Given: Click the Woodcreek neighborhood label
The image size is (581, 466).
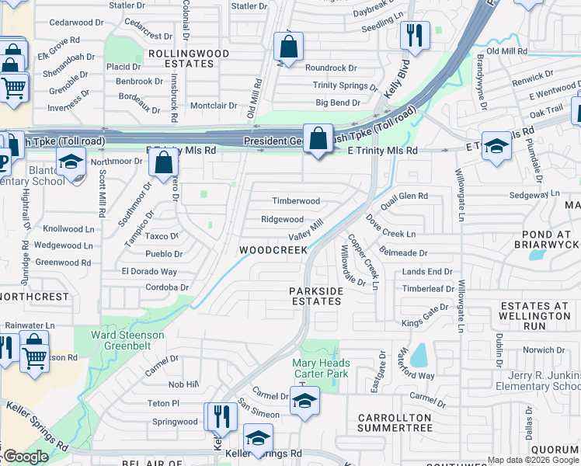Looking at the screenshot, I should coord(273,250).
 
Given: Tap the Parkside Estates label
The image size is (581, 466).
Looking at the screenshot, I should coord(316,296).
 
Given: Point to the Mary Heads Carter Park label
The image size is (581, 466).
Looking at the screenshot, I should coord(321,368).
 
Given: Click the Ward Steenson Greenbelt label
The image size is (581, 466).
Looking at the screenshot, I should coord(128,341).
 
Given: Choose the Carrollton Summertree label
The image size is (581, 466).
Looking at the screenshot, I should coord(395,423).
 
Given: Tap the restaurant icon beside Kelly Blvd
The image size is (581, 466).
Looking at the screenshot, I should coord(414,35).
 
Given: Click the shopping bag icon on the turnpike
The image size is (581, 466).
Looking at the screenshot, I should coord(318,139).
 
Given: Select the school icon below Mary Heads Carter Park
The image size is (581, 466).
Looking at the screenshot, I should coord(304,402).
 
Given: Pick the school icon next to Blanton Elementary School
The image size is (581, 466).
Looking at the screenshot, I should coord(71,163).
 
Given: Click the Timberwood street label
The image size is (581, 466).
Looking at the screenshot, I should coord(295,201).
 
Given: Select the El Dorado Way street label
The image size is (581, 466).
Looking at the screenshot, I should coord(149,272).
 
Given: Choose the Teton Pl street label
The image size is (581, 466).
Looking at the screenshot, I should coord(164,404).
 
